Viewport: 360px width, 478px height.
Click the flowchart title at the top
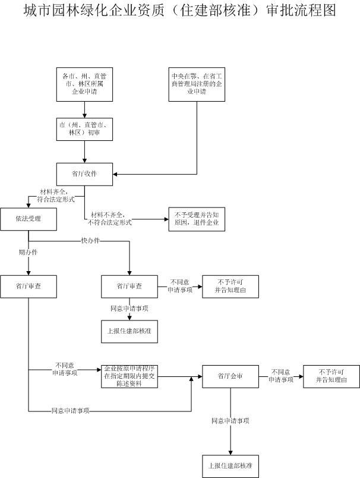[179, 11]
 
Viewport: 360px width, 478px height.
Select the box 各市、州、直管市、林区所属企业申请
[85, 84]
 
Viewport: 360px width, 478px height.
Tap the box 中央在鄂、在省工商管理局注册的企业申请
[196, 84]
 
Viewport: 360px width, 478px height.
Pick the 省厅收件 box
[85, 174]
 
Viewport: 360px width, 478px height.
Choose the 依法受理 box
[29, 219]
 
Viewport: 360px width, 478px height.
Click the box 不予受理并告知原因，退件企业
[197, 219]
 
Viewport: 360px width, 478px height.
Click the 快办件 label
[90, 240]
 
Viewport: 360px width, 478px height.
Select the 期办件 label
[29, 253]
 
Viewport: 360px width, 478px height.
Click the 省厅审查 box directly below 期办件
[29, 286]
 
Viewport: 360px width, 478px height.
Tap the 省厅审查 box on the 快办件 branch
[130, 286]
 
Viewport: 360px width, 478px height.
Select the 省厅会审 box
[230, 376]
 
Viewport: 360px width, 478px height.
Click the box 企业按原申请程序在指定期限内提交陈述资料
[130, 376]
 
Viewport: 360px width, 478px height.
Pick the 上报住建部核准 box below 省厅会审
[230, 466]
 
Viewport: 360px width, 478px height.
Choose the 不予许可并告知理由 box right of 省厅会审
[331, 376]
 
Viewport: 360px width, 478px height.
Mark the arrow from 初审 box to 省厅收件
[85, 152]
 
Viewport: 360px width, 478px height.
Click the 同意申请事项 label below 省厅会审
[230, 420]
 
